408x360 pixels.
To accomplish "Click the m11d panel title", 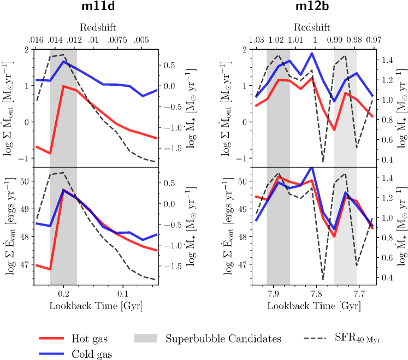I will tap(96, 9).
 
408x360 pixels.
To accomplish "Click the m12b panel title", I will tap(314, 9).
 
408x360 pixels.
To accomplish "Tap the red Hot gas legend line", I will tap(52, 339).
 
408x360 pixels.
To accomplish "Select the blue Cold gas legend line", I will tap(52, 354).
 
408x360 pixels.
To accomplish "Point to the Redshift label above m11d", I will tap(96, 27).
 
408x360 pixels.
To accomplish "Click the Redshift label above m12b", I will tap(314, 27).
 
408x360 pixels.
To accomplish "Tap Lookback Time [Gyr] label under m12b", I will tap(314, 306).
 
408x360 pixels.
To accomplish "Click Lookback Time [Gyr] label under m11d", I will tap(96, 306).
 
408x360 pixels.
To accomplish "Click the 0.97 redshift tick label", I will tap(374, 40).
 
